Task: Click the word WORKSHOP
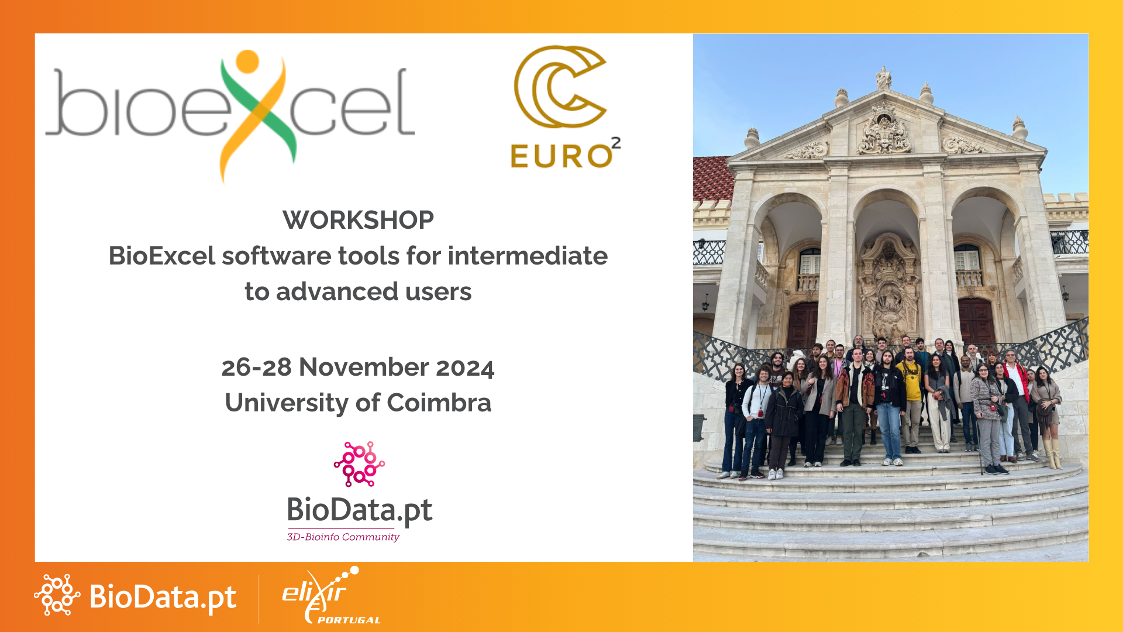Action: point(358,221)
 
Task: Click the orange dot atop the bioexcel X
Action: point(247,61)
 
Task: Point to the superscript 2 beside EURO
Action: point(616,143)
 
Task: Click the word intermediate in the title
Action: point(528,256)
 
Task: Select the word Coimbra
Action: point(439,403)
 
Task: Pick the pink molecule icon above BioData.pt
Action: point(359,464)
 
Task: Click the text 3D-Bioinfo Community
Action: point(343,537)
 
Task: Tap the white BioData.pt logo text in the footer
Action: point(163,597)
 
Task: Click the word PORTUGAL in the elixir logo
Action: point(349,620)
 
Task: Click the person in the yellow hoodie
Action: point(910,386)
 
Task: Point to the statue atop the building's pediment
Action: point(883,77)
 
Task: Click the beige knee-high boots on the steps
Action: point(1053,454)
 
